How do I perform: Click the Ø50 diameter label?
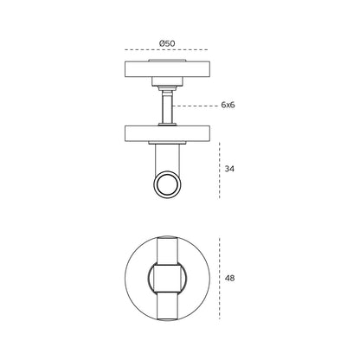167,43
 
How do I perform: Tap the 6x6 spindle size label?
228,105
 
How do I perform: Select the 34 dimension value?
229,169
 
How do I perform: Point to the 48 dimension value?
229,279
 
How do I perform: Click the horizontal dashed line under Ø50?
166,50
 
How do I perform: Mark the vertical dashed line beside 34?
220,170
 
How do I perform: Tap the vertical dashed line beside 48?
220,279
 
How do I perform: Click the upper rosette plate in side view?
167,69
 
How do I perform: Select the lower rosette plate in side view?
167,133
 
